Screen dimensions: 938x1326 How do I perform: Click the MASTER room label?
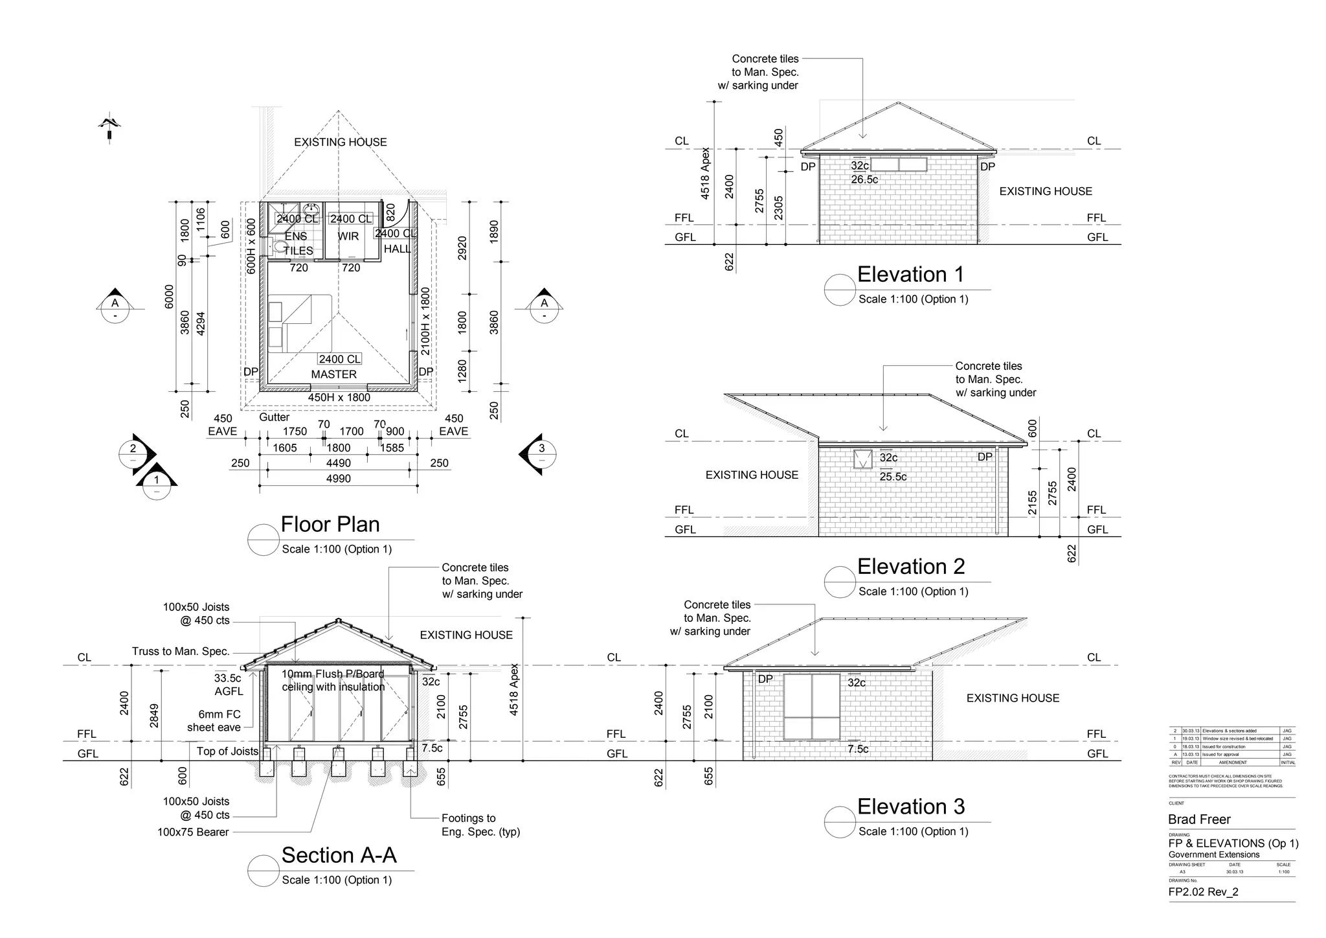pyautogui.click(x=333, y=374)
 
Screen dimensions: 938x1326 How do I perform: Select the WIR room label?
pyautogui.click(x=348, y=236)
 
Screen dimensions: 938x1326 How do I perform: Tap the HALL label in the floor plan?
pyautogui.click(x=398, y=249)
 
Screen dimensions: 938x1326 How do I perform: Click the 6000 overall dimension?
pyautogui.click(x=170, y=297)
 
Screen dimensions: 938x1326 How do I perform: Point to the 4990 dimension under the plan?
pyautogui.click(x=338, y=479)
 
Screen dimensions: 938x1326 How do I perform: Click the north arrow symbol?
pyautogui.click(x=110, y=127)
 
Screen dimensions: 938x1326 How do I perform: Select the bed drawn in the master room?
pyautogui.click(x=300, y=323)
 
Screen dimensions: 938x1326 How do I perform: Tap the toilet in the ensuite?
pyautogui.click(x=280, y=247)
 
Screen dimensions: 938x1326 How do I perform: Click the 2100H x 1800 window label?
pyautogui.click(x=425, y=322)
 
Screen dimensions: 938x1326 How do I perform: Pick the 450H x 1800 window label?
pyautogui.click(x=339, y=398)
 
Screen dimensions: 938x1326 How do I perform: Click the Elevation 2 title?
pyautogui.click(x=910, y=567)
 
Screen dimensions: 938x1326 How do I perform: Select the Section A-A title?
pyautogui.click(x=339, y=856)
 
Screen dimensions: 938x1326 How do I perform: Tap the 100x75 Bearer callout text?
pyautogui.click(x=193, y=832)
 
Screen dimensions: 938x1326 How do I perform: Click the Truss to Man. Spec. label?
pyautogui.click(x=181, y=652)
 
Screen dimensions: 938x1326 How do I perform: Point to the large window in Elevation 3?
pyautogui.click(x=812, y=707)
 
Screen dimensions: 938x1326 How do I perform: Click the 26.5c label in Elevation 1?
pyautogui.click(x=864, y=180)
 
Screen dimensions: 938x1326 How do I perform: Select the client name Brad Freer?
pyautogui.click(x=1199, y=819)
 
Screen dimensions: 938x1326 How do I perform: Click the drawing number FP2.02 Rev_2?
pyautogui.click(x=1203, y=892)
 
